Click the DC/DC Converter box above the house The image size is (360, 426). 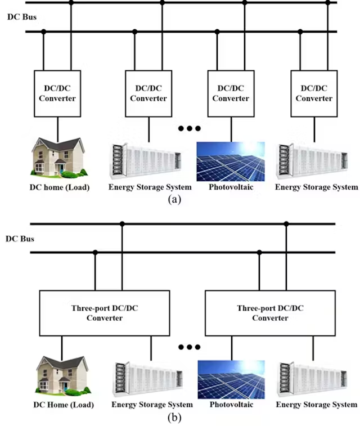coord(57,93)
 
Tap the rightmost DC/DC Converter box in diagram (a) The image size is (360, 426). coord(314,93)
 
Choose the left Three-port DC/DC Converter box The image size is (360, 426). coord(104,313)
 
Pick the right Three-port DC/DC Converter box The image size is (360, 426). coord(269,313)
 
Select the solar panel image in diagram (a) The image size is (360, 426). coord(230,161)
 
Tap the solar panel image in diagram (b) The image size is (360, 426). coord(231,379)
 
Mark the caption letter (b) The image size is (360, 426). coord(174,418)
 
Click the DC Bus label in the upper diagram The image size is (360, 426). coord(22,17)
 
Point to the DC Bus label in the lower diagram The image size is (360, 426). coord(20,239)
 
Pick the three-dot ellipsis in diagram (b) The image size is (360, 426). coord(189,347)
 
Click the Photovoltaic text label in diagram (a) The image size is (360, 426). coord(231,187)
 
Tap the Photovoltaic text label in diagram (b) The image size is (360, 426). coord(231,405)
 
